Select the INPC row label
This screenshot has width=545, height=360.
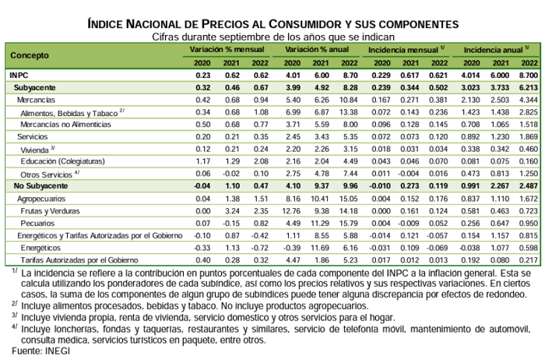[x=19, y=75]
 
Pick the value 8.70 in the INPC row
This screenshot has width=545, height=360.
[x=348, y=75]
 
